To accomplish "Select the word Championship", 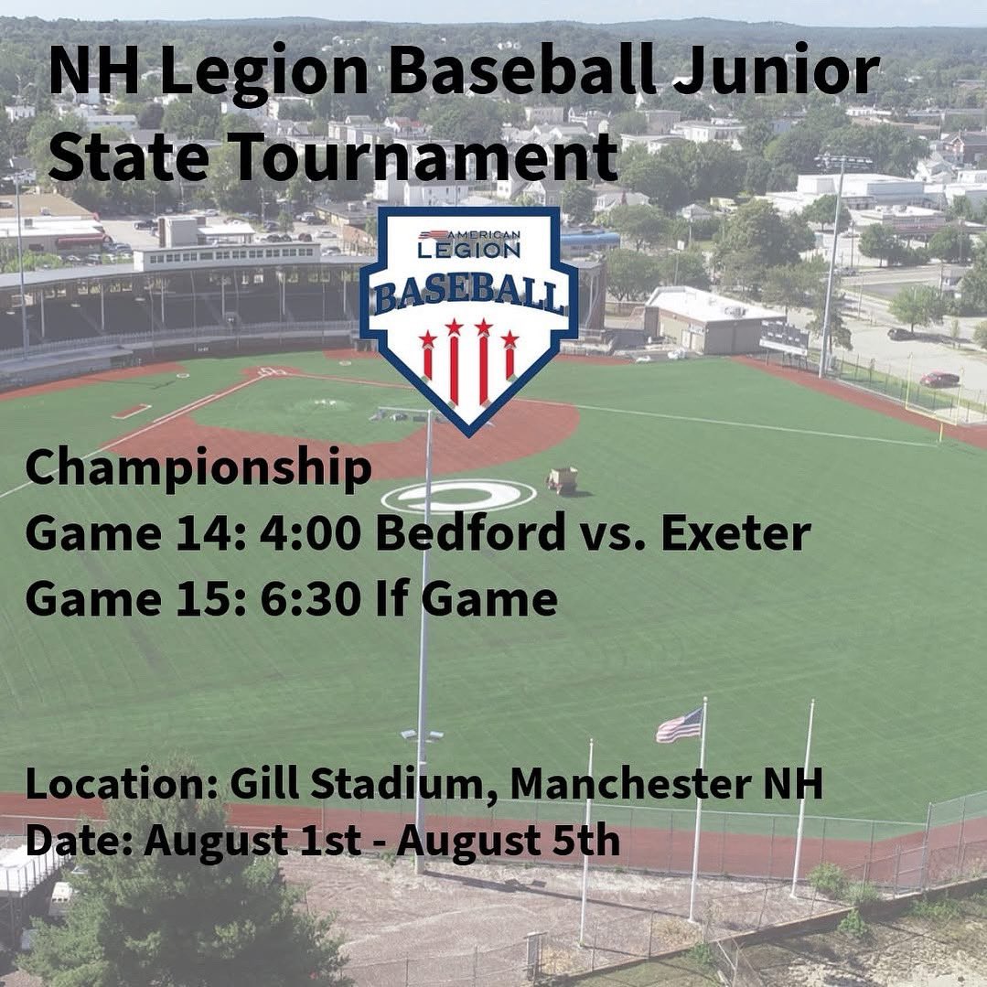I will (198, 468).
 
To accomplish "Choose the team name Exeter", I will (735, 533).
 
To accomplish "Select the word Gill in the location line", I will (256, 784).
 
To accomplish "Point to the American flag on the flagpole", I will (680, 726).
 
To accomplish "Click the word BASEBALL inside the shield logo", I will (468, 295).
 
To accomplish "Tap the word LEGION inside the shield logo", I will (468, 248).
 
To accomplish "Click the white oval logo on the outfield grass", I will (458, 496).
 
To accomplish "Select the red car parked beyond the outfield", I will (939, 379).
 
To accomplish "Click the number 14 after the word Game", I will (215, 533).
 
